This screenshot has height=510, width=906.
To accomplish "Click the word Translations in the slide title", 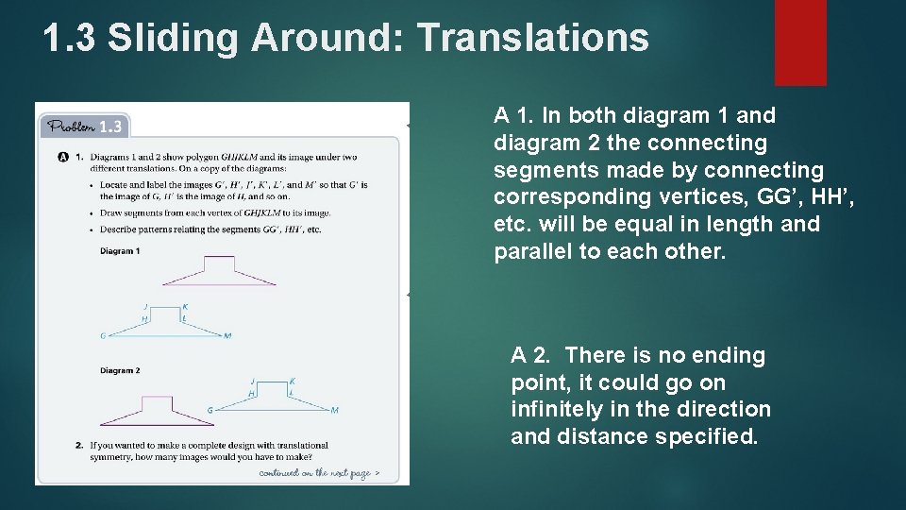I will (533, 38).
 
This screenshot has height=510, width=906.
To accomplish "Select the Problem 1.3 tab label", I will (84, 127).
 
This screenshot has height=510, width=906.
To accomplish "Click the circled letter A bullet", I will (63, 156).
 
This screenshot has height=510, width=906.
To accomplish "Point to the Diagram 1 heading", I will (120, 251).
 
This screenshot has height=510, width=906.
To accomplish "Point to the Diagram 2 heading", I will (120, 370).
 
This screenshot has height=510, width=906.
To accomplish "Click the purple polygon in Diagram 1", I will (219, 272).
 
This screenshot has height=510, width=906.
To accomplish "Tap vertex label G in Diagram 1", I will (103, 335).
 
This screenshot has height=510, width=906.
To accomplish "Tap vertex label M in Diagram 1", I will (227, 335).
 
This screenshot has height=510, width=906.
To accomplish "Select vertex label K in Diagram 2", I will (293, 380).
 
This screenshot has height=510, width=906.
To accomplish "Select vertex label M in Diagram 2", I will (335, 410).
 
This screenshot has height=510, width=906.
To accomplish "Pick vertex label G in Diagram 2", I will (210, 410).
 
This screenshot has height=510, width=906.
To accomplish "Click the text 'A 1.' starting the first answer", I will (513, 116).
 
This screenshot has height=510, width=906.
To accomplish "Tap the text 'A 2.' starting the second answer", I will (530, 356).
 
